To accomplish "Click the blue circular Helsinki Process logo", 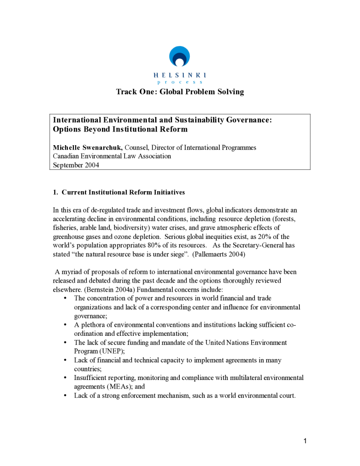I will (180, 56).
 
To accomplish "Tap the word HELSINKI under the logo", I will (180, 75).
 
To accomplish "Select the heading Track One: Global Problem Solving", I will (180, 92).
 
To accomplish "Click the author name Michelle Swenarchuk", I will (88, 148).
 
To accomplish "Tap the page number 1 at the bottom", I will (305, 441).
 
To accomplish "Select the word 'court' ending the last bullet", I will (286, 395).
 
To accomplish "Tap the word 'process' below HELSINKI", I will (180, 82).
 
